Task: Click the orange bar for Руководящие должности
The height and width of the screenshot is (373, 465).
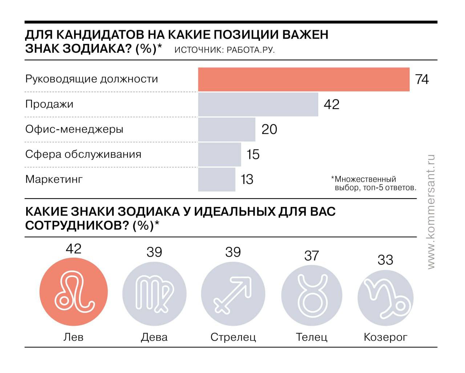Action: (x=304, y=79)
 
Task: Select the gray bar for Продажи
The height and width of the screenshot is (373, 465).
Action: (x=258, y=104)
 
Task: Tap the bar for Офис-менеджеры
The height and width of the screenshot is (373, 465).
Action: (x=227, y=129)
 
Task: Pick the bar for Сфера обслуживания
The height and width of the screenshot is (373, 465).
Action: (x=219, y=155)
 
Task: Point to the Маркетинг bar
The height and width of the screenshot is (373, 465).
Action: (x=217, y=180)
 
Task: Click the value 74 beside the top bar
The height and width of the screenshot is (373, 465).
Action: (x=422, y=79)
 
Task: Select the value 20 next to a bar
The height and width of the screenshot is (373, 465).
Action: (x=269, y=129)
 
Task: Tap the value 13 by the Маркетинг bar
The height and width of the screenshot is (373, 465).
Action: (x=247, y=180)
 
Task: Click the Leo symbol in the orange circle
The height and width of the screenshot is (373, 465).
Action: (x=74, y=292)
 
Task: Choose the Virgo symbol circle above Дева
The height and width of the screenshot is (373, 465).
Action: (x=154, y=293)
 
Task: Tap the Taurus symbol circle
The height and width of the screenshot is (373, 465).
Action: (x=312, y=295)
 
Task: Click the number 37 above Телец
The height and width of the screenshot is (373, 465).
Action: (x=312, y=256)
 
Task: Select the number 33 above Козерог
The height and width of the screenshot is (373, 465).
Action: (x=385, y=260)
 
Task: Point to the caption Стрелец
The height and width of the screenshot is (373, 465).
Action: (x=233, y=337)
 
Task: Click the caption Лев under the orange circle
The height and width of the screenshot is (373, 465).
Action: (x=73, y=337)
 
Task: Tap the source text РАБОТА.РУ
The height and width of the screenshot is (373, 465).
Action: (x=250, y=50)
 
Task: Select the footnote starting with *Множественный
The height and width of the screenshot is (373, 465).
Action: (x=373, y=184)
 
